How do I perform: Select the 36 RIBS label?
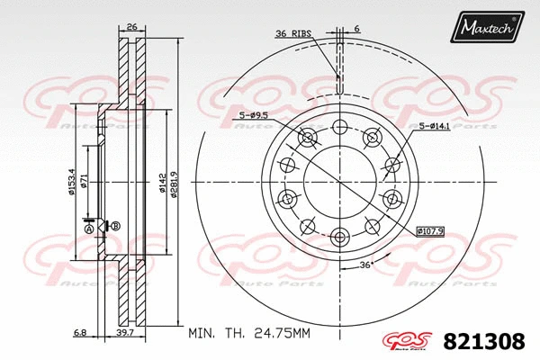click(x=293, y=33)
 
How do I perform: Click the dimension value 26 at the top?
click(x=131, y=28)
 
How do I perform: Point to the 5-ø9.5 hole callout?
click(x=256, y=114)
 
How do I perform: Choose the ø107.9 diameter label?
click(x=431, y=230)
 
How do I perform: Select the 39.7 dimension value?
click(x=126, y=333)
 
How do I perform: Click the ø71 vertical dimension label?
click(x=84, y=184)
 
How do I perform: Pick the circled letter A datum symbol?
click(x=88, y=229)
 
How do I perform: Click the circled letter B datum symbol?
click(x=115, y=225)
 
